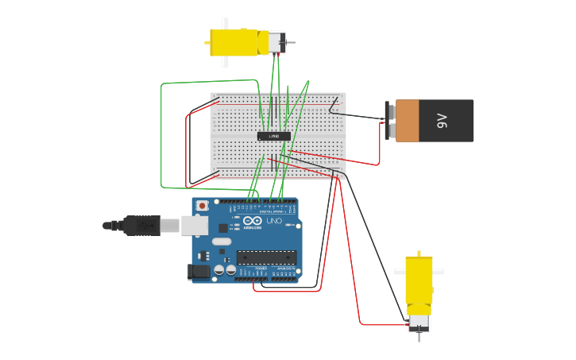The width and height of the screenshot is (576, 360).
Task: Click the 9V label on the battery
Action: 443,121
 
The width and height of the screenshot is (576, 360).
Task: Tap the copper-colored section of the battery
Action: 407,121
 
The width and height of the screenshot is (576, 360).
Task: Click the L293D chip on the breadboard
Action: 273,136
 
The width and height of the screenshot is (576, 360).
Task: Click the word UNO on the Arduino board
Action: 274,220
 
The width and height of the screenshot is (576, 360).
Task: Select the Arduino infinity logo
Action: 253,220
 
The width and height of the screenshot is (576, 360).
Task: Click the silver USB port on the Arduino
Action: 194,226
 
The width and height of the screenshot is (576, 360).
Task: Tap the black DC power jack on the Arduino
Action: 200,272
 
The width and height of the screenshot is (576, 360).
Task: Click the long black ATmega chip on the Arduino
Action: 266,257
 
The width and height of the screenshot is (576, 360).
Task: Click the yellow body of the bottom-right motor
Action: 419,282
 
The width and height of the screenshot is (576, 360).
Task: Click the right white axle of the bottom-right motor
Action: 438,271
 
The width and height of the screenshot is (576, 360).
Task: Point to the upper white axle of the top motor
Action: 225,23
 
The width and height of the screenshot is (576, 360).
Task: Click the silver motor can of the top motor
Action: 275,43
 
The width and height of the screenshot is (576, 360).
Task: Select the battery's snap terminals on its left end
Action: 389,121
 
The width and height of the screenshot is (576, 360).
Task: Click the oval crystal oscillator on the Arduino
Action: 221,241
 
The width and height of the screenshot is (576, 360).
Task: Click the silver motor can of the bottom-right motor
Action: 419,322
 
